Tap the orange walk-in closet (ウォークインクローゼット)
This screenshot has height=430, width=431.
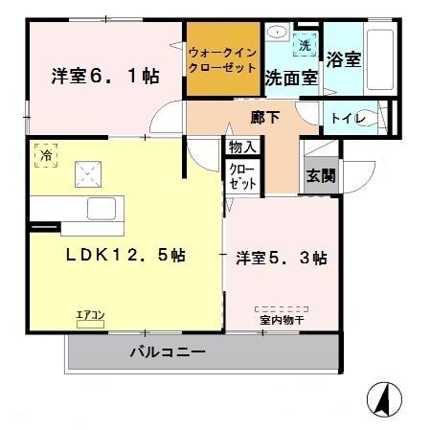coord(222,60)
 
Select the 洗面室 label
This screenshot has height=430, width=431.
coord(291,78)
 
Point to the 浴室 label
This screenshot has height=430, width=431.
coord(343,59)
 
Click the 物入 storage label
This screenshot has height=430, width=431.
coord(241,147)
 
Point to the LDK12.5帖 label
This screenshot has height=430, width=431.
coord(125,256)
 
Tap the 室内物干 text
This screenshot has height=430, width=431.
coord(280,319)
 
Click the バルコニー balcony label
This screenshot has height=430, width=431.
coord(168,352)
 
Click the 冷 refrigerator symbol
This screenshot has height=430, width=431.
coord(46,153)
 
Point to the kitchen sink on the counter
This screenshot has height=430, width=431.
coord(101,207)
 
